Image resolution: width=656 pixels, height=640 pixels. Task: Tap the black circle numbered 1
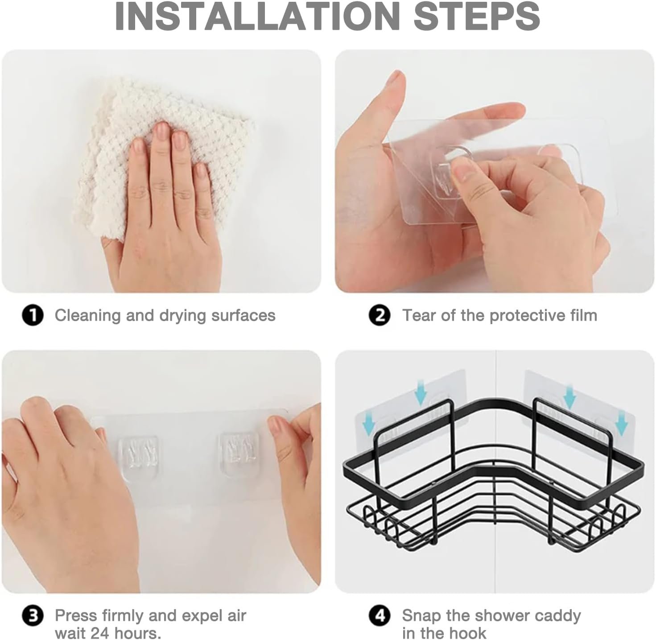click(x=33, y=315)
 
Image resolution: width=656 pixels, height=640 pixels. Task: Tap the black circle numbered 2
click(x=380, y=315)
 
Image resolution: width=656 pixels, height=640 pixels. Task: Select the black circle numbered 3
click(x=33, y=616)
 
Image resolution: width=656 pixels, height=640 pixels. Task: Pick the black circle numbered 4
click(x=380, y=616)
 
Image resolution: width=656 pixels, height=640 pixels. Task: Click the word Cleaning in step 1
click(x=88, y=316)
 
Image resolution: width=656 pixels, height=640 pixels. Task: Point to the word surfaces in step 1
click(x=243, y=316)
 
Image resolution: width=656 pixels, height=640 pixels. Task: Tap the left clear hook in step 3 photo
click(x=139, y=457)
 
